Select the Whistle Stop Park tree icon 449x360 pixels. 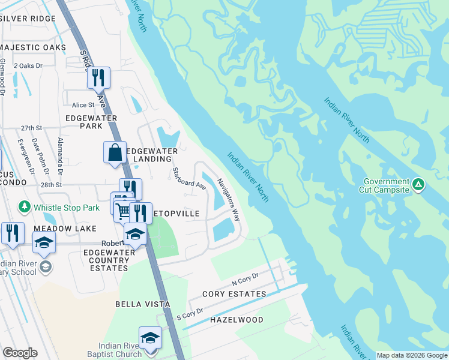(25, 207)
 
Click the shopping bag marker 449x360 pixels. (115, 152)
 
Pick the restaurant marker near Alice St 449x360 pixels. (98, 78)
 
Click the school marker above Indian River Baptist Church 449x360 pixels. (150, 338)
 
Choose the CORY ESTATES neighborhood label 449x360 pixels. (234, 294)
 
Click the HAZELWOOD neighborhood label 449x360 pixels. (237, 320)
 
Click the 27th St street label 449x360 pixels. (31, 128)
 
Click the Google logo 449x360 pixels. (20, 352)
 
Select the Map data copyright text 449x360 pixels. (412, 355)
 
